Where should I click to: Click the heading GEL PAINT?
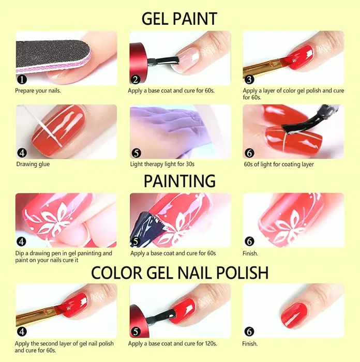179,19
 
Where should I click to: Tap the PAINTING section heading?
179,181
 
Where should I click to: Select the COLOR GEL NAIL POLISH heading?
179,273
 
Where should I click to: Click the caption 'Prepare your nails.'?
38,90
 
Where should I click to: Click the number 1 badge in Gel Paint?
22,80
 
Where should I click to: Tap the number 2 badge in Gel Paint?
136,80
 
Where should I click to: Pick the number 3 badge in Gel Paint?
249,80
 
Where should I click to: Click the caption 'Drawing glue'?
33,164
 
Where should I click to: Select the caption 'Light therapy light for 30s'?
162,164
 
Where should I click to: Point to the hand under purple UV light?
171,129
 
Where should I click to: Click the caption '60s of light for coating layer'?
279,164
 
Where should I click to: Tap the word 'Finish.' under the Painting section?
250,253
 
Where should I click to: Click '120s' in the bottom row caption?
210,343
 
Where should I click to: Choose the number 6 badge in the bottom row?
249,332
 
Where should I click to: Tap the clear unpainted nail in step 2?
186,61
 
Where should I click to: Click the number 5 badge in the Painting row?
136,242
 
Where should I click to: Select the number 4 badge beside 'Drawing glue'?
22,153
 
